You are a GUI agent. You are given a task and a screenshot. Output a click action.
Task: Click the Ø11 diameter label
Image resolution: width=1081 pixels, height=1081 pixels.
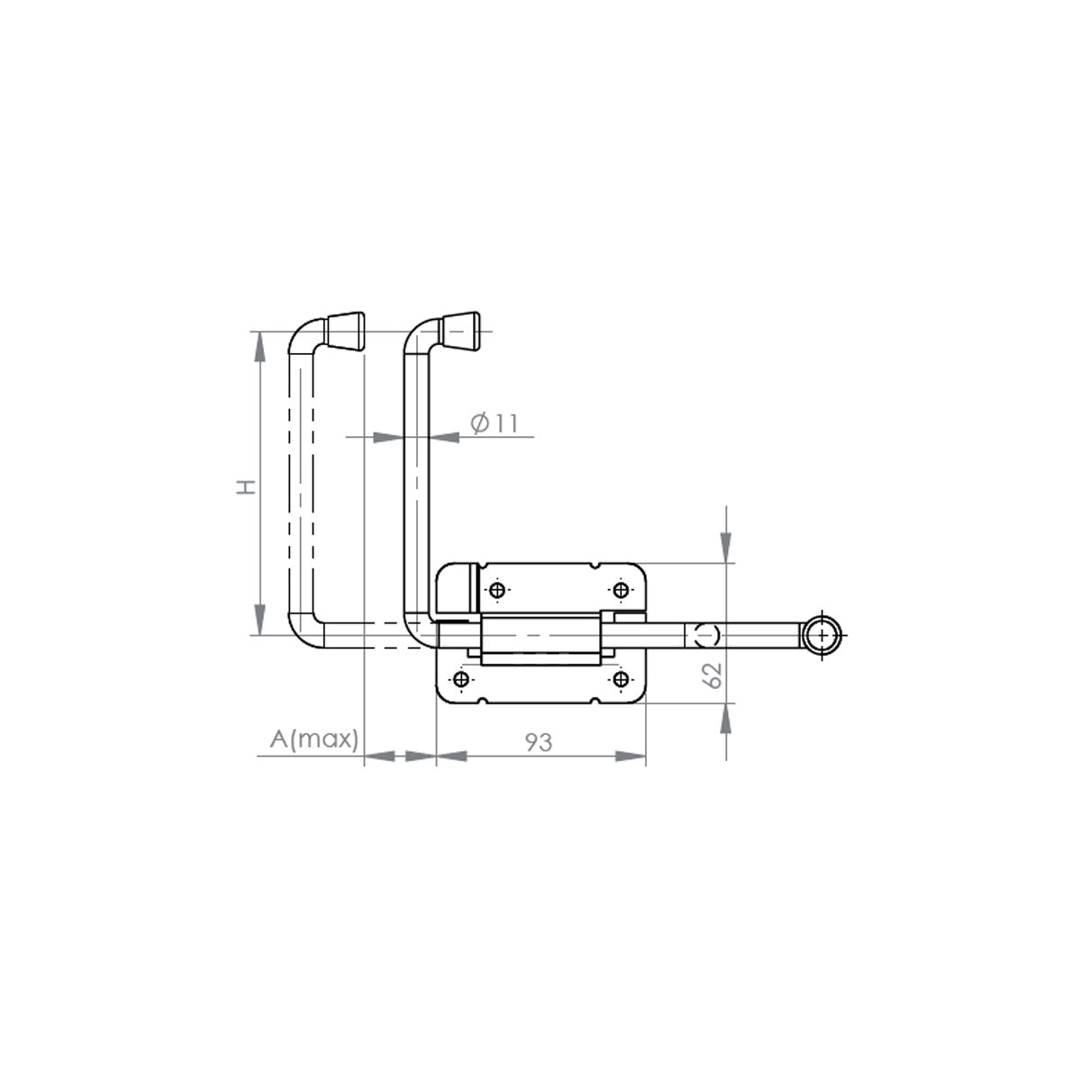(x=495, y=423)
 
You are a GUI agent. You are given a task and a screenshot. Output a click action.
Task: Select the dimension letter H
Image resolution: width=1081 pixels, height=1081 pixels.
(x=246, y=487)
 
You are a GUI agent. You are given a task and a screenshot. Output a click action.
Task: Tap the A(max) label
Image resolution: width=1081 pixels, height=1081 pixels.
(x=314, y=739)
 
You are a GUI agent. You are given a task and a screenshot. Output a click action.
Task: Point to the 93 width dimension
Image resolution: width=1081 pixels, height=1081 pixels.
(x=539, y=742)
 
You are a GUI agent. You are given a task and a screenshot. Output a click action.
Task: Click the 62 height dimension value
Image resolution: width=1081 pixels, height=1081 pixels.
(x=712, y=675)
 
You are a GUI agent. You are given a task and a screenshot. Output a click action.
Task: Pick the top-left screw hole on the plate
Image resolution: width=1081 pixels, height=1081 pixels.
(x=497, y=590)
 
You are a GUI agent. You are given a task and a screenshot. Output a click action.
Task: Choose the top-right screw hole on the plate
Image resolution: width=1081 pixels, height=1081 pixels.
(x=621, y=590)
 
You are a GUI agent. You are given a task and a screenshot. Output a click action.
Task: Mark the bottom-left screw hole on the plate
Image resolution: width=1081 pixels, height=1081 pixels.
(x=462, y=679)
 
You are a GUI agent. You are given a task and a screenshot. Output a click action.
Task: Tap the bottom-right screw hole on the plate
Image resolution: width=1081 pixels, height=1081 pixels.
(x=620, y=679)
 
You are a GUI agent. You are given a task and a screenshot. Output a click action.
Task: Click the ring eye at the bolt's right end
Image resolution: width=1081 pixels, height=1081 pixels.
(x=822, y=635)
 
